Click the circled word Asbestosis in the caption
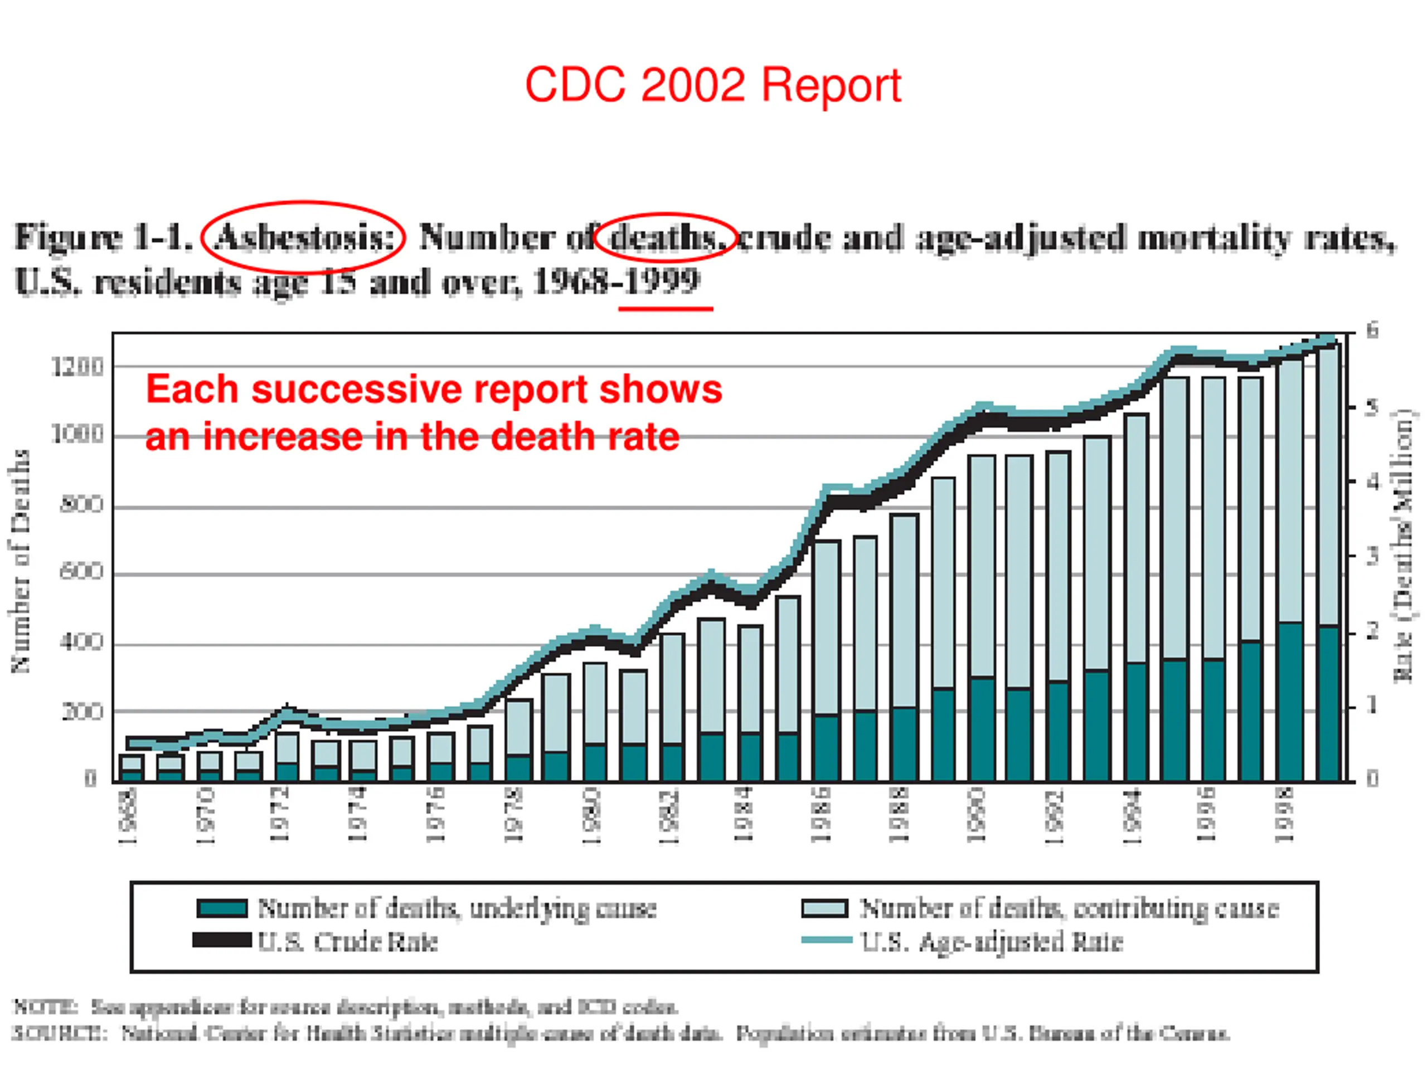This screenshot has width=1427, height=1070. coord(303,237)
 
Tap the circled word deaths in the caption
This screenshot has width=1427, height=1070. coord(664,237)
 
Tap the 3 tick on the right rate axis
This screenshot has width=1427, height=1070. coord(1372,555)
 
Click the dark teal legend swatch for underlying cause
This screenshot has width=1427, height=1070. coord(222,908)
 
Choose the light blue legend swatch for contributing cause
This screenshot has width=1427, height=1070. coord(824,908)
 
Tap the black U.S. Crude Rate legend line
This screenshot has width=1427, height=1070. coord(222,940)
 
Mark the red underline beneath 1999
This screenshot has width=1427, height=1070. coord(665,309)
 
